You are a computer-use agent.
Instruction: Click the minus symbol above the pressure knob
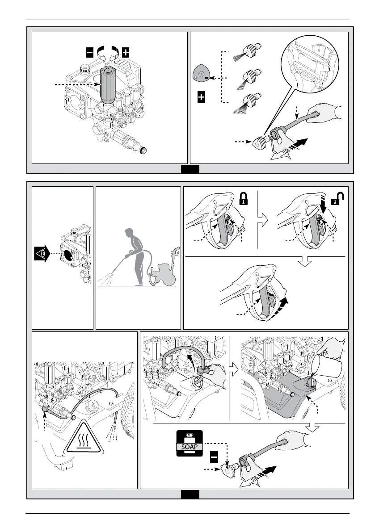90,52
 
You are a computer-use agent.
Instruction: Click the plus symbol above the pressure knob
126,52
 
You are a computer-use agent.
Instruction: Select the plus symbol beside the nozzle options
201,98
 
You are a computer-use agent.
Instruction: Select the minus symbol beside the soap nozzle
215,457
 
